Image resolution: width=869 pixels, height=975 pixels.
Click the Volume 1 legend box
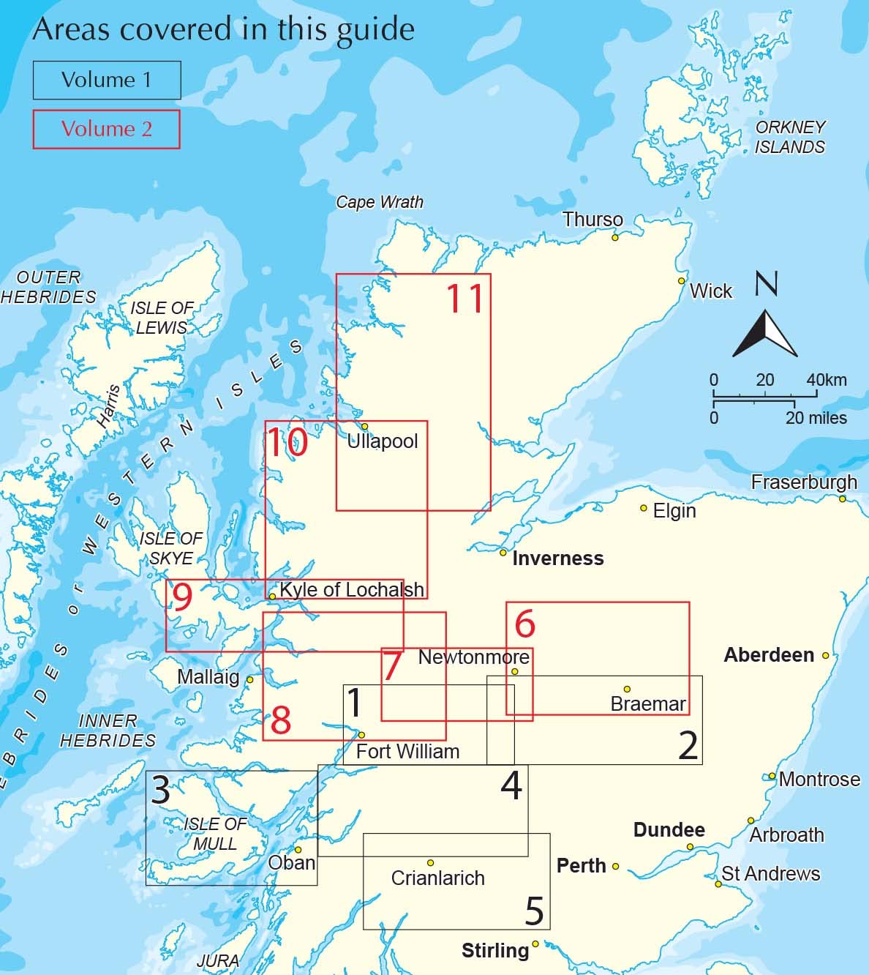[107, 80]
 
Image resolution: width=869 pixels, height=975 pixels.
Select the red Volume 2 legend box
[106, 129]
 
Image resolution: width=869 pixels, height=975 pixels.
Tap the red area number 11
[465, 298]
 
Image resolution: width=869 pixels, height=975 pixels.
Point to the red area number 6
[525, 624]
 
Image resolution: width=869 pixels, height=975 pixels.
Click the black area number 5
[535, 911]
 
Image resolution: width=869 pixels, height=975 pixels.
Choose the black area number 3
[160, 791]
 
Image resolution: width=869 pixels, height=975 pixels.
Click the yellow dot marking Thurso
[615, 237]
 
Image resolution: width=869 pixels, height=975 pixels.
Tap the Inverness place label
[558, 559]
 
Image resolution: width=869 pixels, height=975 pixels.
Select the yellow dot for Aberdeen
[825, 655]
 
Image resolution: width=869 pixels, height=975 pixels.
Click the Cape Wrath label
[380, 202]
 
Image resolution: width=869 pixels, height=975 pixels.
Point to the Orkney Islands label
[790, 137]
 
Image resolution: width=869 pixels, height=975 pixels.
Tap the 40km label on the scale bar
[827, 380]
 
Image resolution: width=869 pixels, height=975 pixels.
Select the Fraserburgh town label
[804, 482]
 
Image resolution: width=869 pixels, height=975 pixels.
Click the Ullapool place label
[383, 441]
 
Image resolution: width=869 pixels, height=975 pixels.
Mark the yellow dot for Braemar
[627, 689]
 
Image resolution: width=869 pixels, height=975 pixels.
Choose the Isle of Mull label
[215, 834]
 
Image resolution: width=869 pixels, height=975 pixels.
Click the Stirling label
[495, 951]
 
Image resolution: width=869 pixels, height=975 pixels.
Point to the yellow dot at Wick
[681, 280]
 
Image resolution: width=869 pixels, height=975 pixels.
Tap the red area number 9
[181, 598]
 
